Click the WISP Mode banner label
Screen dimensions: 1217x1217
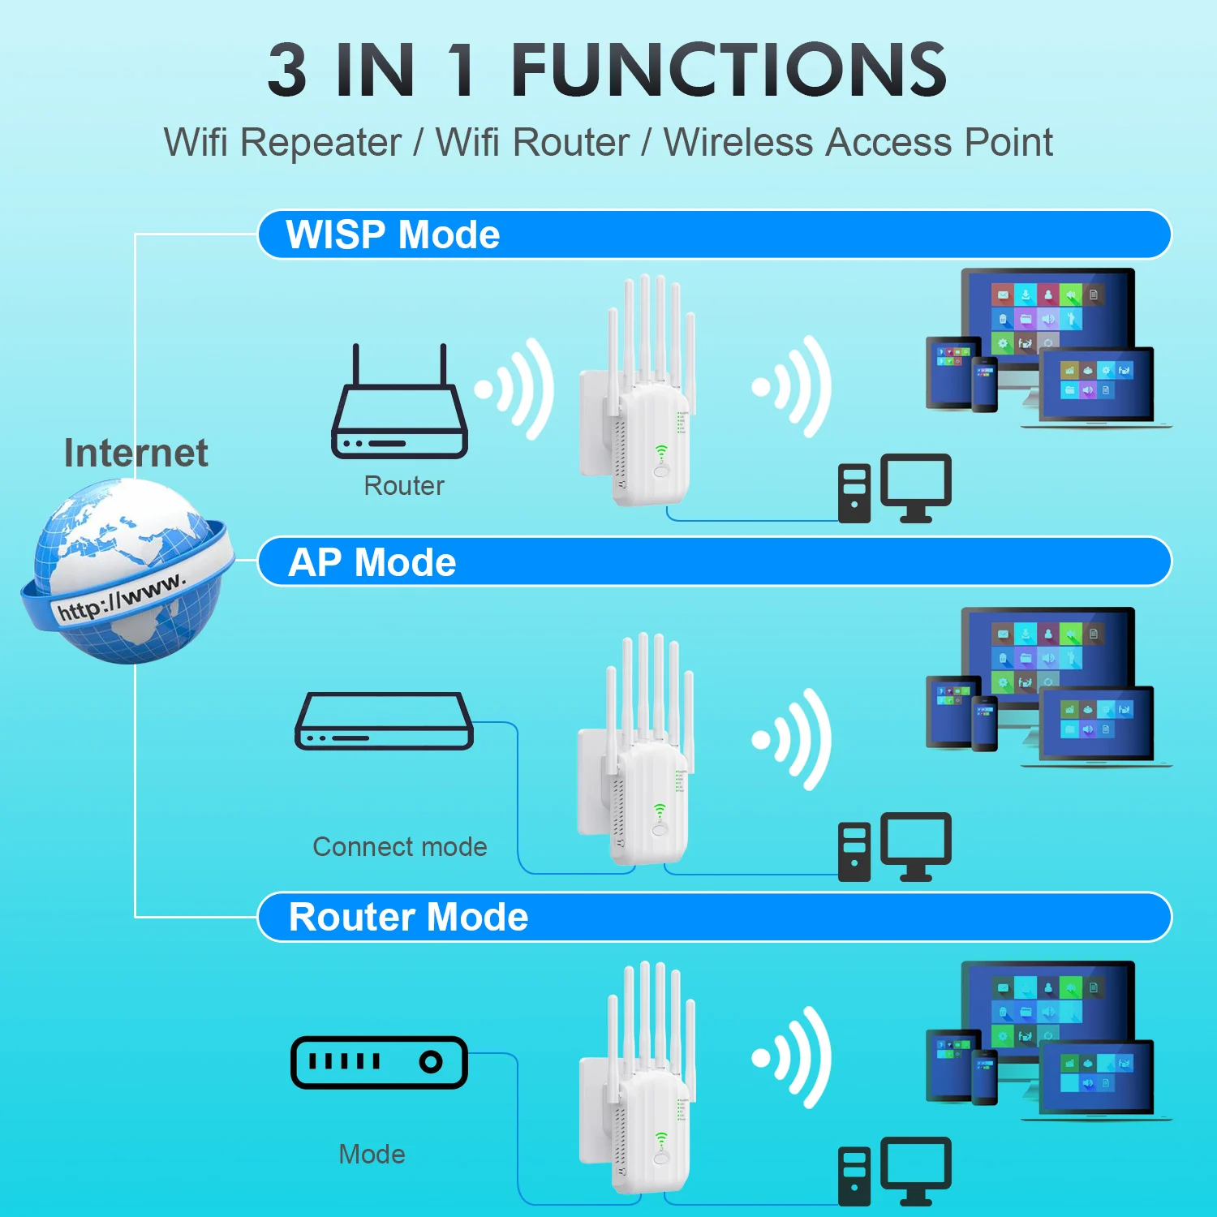coord(393,235)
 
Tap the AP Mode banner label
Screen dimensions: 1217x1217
coord(372,562)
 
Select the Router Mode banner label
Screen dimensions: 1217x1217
coord(408,918)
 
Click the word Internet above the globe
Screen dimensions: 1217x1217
coord(135,453)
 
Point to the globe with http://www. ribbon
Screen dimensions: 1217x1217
coord(127,572)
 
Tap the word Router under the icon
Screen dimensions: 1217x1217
coord(404,486)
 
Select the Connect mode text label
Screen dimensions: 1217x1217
coord(400,847)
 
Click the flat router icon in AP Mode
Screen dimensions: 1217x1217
coord(384,721)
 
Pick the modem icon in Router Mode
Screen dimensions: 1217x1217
coord(379,1062)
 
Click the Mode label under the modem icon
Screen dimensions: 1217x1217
coord(372,1154)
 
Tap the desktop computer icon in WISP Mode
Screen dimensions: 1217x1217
coord(895,489)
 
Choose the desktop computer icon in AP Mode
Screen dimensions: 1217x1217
coord(895,847)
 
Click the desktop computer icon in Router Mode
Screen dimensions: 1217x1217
coord(895,1172)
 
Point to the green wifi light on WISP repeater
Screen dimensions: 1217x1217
coord(661,451)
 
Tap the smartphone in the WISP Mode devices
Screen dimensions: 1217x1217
coord(984,385)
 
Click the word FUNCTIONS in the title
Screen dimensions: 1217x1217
coord(729,71)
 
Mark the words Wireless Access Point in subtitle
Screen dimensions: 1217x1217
coord(858,143)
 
